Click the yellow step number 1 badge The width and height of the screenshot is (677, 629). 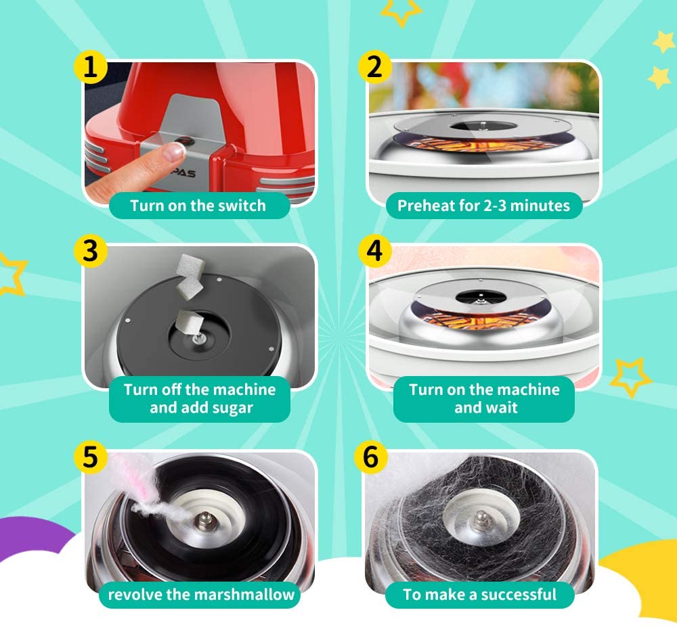pos(90,68)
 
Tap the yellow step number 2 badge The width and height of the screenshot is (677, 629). pos(375,68)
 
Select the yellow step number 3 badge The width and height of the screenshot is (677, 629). pos(90,251)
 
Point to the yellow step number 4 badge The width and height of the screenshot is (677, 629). pos(375,251)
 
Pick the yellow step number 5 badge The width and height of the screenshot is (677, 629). pos(90,457)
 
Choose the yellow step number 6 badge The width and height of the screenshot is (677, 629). pos(371,457)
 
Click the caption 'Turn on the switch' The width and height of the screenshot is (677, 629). pos(198,206)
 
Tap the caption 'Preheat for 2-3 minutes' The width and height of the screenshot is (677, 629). pos(483,206)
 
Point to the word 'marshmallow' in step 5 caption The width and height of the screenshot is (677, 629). pos(245,595)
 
